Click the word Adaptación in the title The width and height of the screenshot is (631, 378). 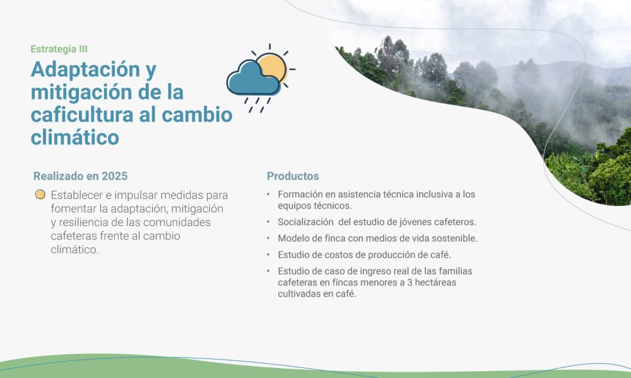tap(86, 69)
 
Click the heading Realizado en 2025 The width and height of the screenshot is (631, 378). tap(85, 176)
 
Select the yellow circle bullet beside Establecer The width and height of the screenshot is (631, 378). tap(40, 195)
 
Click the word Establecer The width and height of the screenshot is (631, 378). tap(79, 195)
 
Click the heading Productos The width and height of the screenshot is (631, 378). tap(293, 176)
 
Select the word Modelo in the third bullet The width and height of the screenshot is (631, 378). tap(293, 238)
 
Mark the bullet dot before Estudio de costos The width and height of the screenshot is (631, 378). tap(268, 255)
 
